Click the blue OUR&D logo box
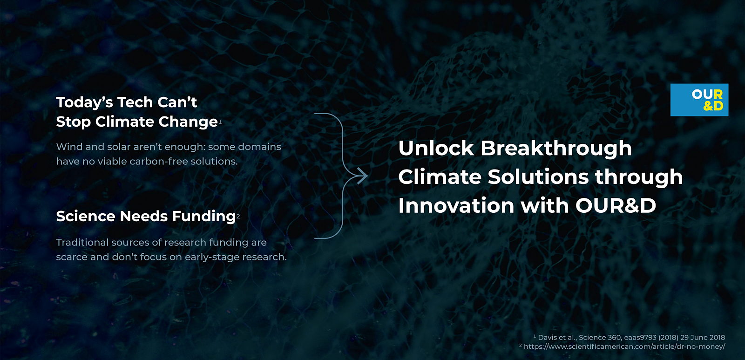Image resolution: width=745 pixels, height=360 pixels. click(699, 100)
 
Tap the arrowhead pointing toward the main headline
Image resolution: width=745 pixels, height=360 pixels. click(363, 176)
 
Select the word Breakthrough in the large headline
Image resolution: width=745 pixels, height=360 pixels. click(556, 149)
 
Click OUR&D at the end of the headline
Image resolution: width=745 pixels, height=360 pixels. click(616, 205)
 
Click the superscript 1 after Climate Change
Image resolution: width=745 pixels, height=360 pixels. click(220, 122)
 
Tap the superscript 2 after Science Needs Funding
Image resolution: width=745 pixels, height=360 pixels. click(238, 216)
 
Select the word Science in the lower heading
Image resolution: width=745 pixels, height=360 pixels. click(86, 216)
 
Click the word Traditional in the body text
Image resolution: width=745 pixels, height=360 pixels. click(82, 242)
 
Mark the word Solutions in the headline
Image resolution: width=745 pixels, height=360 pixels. click(538, 177)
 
